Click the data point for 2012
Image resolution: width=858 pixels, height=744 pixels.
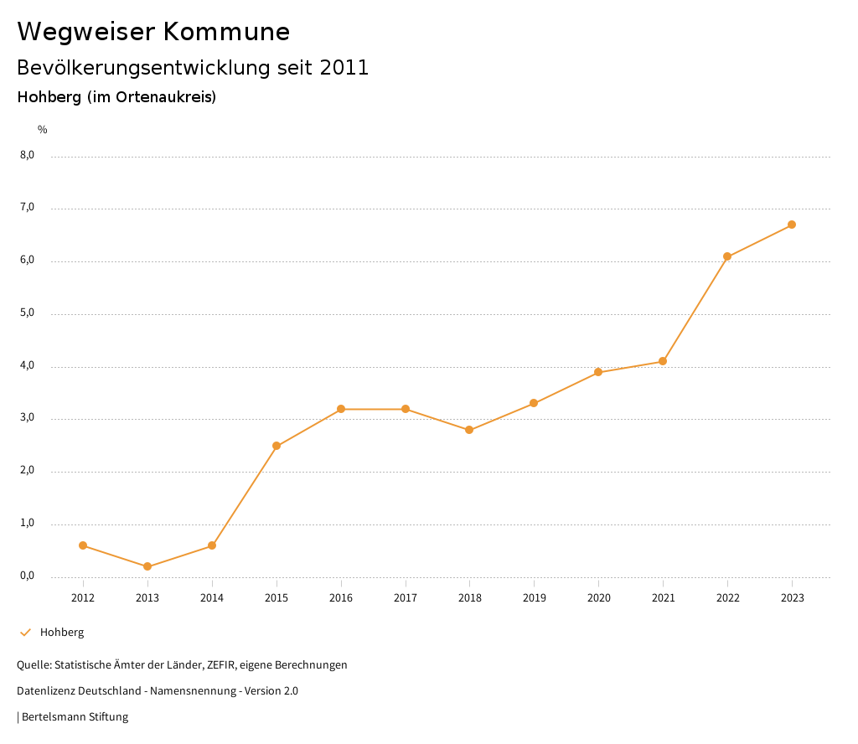point(83,545)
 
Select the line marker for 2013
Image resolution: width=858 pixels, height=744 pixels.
point(147,566)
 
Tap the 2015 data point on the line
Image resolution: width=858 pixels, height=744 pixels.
point(277,446)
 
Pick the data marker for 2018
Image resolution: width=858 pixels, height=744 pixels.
point(469,430)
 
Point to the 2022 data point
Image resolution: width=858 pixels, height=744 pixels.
point(727,256)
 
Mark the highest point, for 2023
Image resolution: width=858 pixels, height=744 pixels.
point(792,225)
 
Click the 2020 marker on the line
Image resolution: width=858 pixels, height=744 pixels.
point(598,372)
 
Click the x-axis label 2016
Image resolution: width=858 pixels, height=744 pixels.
point(341,597)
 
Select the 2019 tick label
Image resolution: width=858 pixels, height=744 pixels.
point(534,597)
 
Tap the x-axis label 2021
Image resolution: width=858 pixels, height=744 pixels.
point(663,597)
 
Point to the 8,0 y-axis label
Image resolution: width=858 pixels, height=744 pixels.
point(27,155)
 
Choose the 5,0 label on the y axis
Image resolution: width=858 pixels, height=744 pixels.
point(27,313)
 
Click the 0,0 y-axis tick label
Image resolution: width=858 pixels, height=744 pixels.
point(27,576)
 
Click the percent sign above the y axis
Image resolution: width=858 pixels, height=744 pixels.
point(43,129)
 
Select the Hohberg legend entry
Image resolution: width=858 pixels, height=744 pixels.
point(62,633)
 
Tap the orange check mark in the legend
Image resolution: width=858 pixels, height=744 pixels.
point(25,633)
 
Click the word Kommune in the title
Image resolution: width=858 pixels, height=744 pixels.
point(226,32)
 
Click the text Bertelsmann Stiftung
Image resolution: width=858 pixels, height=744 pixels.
point(75,717)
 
